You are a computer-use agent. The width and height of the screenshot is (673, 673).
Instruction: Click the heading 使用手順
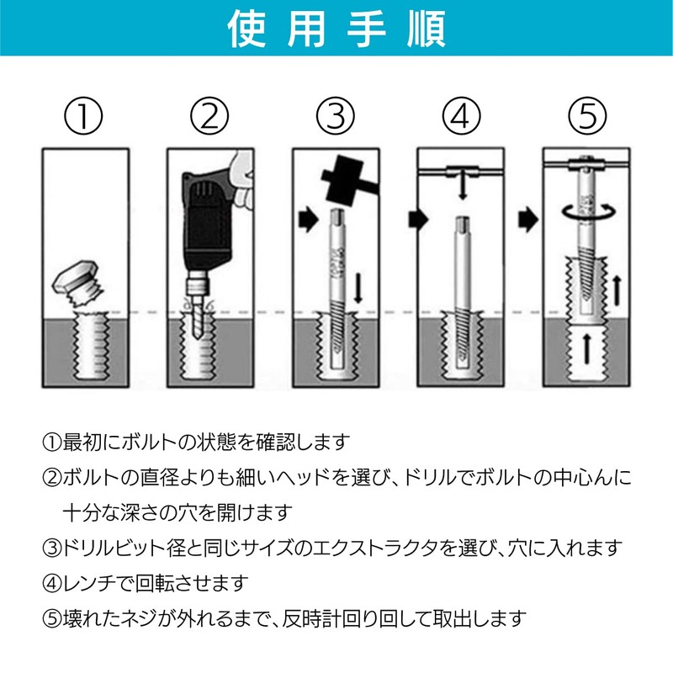coord(336,29)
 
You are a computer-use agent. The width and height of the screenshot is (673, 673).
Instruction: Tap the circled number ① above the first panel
coord(83,116)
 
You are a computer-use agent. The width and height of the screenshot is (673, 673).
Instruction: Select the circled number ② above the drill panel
coord(209,116)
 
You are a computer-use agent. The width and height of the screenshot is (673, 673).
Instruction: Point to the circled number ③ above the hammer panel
coord(335,116)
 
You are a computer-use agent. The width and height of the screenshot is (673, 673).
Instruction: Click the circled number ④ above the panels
coord(461,116)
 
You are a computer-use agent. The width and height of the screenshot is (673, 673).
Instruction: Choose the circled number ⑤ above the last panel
coord(587,116)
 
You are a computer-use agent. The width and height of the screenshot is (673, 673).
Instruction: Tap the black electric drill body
coord(206,219)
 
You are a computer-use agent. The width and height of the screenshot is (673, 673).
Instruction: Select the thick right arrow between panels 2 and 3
coord(308,220)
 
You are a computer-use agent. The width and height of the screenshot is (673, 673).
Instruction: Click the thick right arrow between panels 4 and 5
coord(528,220)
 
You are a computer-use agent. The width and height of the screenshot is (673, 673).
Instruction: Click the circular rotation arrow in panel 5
coord(588,211)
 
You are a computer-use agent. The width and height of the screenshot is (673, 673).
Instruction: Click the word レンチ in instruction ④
coord(89,583)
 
